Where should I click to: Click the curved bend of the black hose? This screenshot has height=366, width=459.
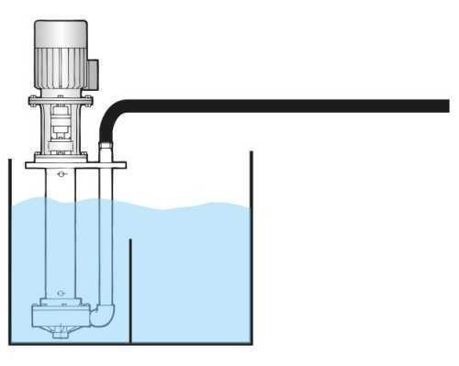pos(112,113)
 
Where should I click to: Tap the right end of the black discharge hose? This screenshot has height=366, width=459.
pos(444,105)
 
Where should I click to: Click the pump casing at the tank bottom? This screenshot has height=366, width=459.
pos(61,317)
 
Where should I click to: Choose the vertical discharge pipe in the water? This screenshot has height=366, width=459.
pos(107,238)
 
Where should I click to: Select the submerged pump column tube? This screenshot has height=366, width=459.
pos(61,238)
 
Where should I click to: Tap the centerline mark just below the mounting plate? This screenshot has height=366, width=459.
pos(61,174)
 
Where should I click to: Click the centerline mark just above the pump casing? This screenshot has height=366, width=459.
pos(61,294)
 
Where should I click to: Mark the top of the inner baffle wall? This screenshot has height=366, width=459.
pos(130,241)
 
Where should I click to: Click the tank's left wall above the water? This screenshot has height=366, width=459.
pos(10,179)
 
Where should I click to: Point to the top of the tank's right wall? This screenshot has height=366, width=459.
pos(252,153)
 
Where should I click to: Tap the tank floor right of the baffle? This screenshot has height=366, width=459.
pos(193,342)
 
